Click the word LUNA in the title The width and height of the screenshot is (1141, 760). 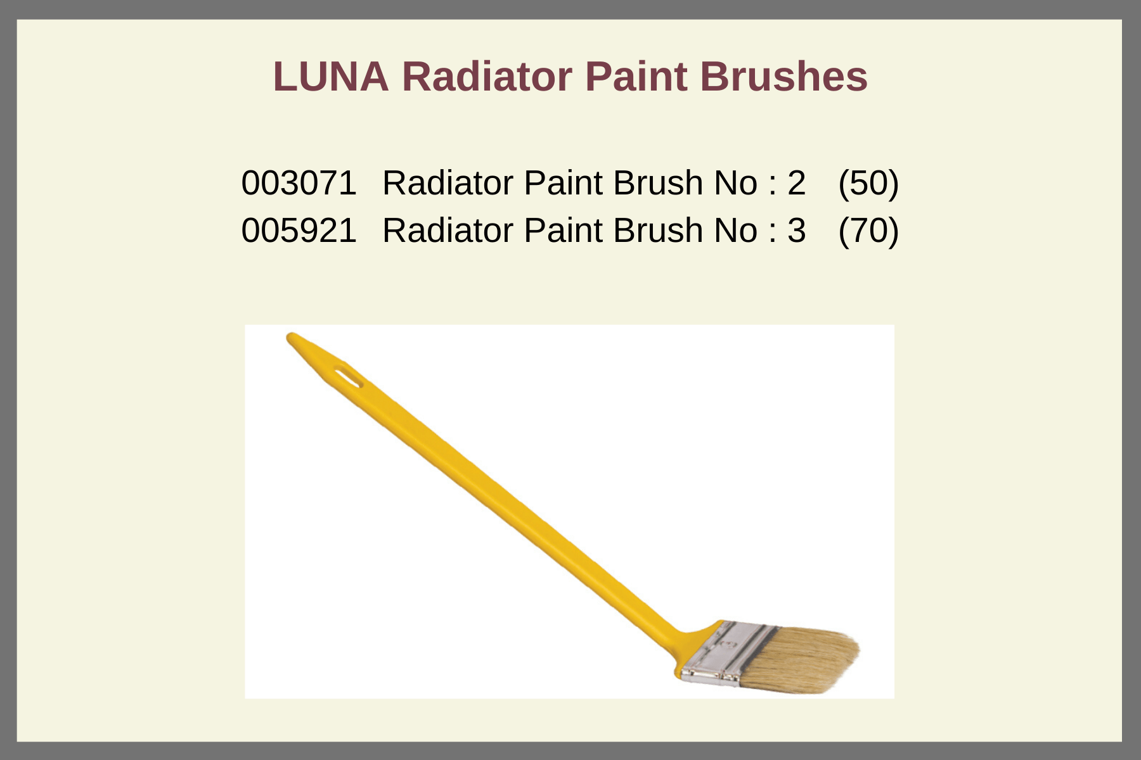point(330,77)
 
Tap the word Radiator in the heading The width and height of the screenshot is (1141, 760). point(487,77)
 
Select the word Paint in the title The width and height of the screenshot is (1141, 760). point(636,77)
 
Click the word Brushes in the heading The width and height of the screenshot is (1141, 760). point(783,77)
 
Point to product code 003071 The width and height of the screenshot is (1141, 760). point(299,183)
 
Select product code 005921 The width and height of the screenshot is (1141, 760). point(299,230)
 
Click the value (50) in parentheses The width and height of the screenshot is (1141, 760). point(868,183)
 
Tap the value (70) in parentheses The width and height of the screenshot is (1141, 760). point(868,230)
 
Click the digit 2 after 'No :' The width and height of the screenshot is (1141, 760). point(797,183)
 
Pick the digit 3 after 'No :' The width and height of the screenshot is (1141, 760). point(797,230)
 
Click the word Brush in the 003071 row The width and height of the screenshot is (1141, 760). point(658,183)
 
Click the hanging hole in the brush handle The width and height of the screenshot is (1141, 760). point(348,376)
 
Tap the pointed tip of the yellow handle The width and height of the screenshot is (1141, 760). point(290,336)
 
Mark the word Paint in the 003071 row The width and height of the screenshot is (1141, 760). point(563,183)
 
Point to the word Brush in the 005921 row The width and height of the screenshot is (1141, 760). point(658,230)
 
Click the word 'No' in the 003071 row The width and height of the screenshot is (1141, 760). point(735,183)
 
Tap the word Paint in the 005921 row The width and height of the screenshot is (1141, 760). point(563,230)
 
